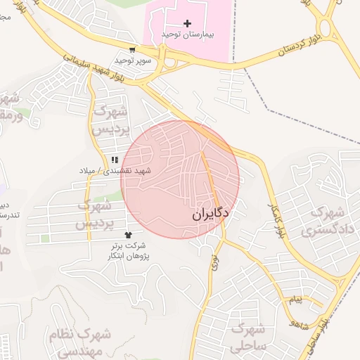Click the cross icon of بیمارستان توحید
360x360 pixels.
click(187, 23)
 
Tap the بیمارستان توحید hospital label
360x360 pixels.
click(187, 34)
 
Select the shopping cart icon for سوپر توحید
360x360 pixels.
click(132, 49)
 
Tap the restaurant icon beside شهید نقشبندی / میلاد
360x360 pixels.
click(115, 160)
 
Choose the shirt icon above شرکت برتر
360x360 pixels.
click(127, 235)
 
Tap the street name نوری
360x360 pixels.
click(214, 262)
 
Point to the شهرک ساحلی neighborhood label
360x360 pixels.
click(250, 337)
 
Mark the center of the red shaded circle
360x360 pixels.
click(180, 179)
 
